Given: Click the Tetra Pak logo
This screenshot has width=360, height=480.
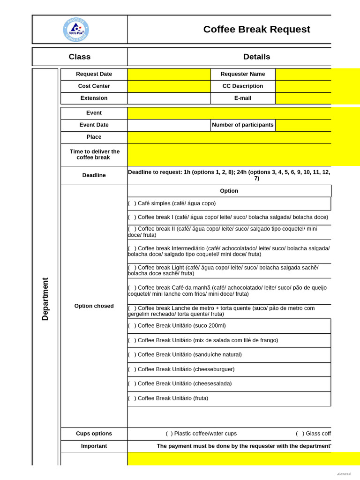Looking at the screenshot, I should [x=75, y=30].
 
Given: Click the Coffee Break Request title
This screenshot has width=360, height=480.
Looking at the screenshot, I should [x=256, y=29].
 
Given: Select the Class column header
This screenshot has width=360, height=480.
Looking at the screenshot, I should [x=80, y=57].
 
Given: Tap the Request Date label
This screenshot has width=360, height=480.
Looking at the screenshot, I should [x=94, y=74].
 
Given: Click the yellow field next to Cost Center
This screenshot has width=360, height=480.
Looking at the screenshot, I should [x=169, y=86].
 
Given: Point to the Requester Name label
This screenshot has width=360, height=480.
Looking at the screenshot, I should [x=243, y=74].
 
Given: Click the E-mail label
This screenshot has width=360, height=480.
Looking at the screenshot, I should [x=243, y=98].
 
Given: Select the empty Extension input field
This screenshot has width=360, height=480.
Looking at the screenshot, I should [x=169, y=98].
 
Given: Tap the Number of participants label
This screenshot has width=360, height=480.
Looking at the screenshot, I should [x=243, y=125].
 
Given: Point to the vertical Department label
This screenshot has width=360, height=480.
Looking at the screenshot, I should [x=45, y=299].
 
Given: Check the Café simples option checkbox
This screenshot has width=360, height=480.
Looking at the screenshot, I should [x=132, y=203].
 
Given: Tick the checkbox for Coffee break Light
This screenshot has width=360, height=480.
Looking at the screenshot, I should [x=132, y=268].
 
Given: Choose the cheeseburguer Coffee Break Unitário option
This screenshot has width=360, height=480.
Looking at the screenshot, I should [x=132, y=369].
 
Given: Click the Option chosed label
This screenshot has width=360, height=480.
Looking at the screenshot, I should [x=94, y=306].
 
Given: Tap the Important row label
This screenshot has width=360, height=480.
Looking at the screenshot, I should [x=94, y=446].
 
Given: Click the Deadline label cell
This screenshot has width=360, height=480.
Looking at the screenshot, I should [x=94, y=175].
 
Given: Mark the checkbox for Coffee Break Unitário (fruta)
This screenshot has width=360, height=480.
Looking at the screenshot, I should [x=132, y=398].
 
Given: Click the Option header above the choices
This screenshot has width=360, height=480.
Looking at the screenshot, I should [x=229, y=191].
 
